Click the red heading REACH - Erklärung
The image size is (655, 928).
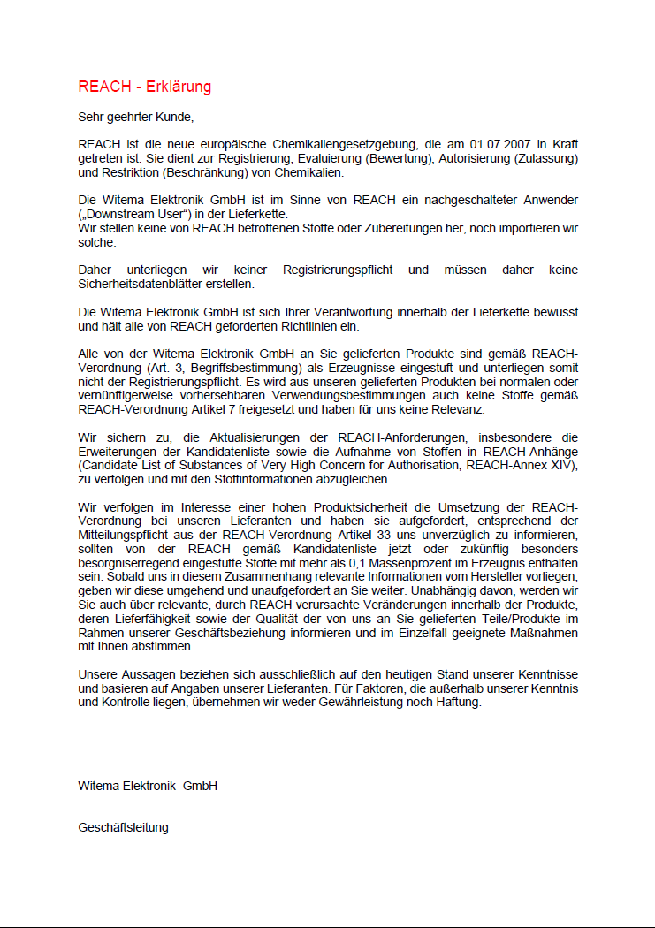point(144,87)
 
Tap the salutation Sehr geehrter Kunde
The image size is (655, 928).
point(135,117)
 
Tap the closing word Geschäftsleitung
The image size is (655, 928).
point(123,827)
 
